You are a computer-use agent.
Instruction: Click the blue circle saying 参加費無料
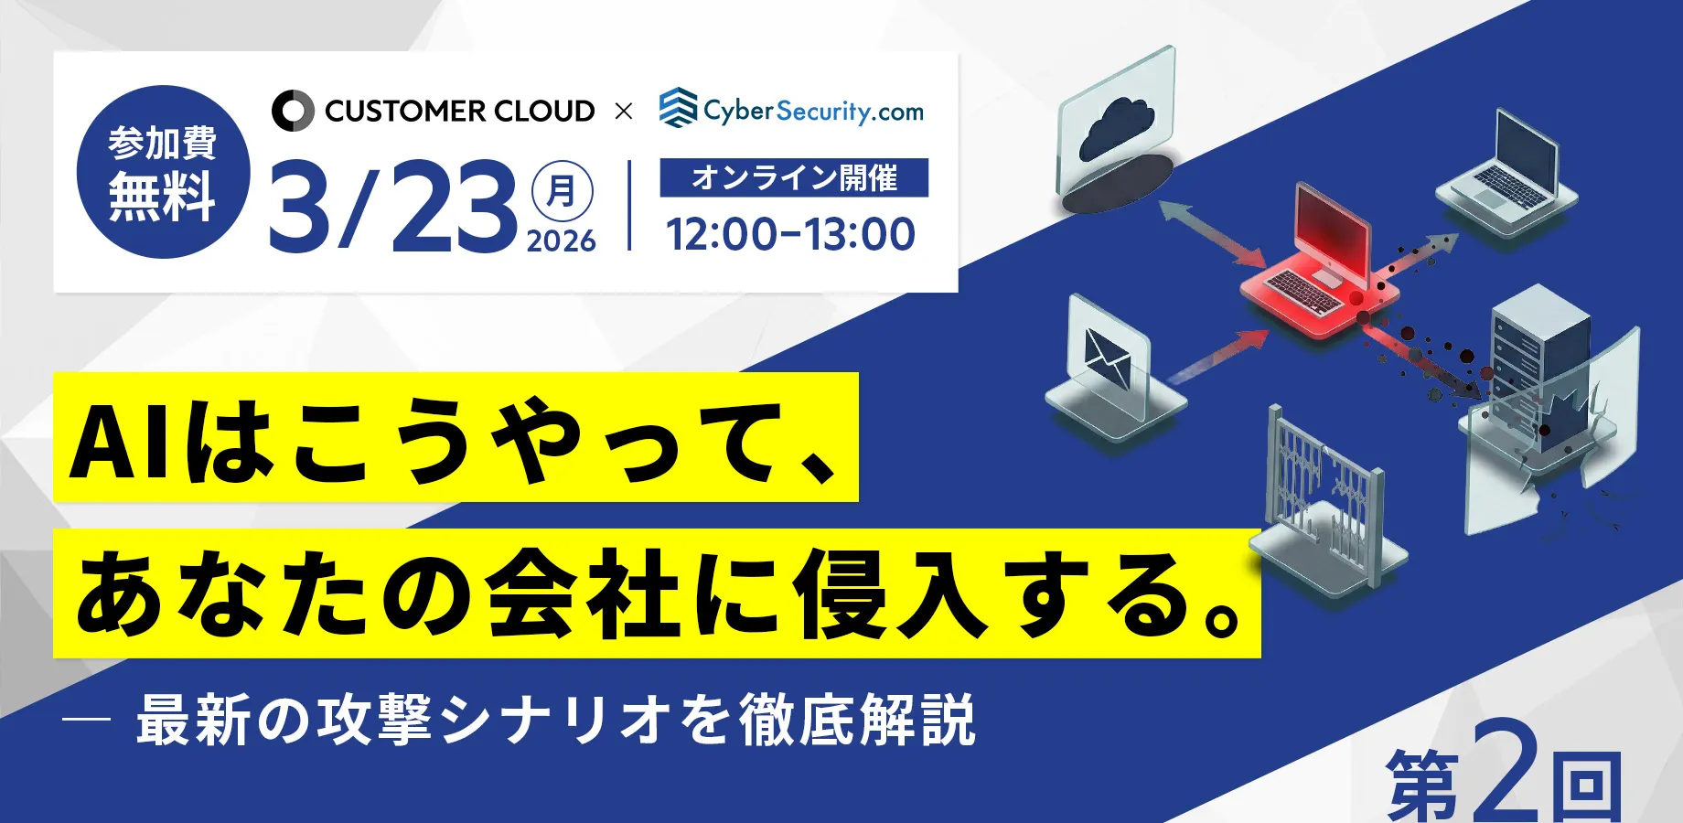pos(163,172)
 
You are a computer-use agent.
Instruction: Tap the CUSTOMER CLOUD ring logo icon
pos(293,111)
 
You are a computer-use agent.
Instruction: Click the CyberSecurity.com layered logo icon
pos(679,108)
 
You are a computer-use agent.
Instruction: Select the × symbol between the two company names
pos(624,112)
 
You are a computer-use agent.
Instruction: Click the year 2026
pos(562,241)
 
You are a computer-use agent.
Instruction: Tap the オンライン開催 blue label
pos(794,177)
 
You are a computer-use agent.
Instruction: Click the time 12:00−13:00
pos(790,234)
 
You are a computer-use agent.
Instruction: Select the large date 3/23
pos(393,207)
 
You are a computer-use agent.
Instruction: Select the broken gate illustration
pos(1326,503)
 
